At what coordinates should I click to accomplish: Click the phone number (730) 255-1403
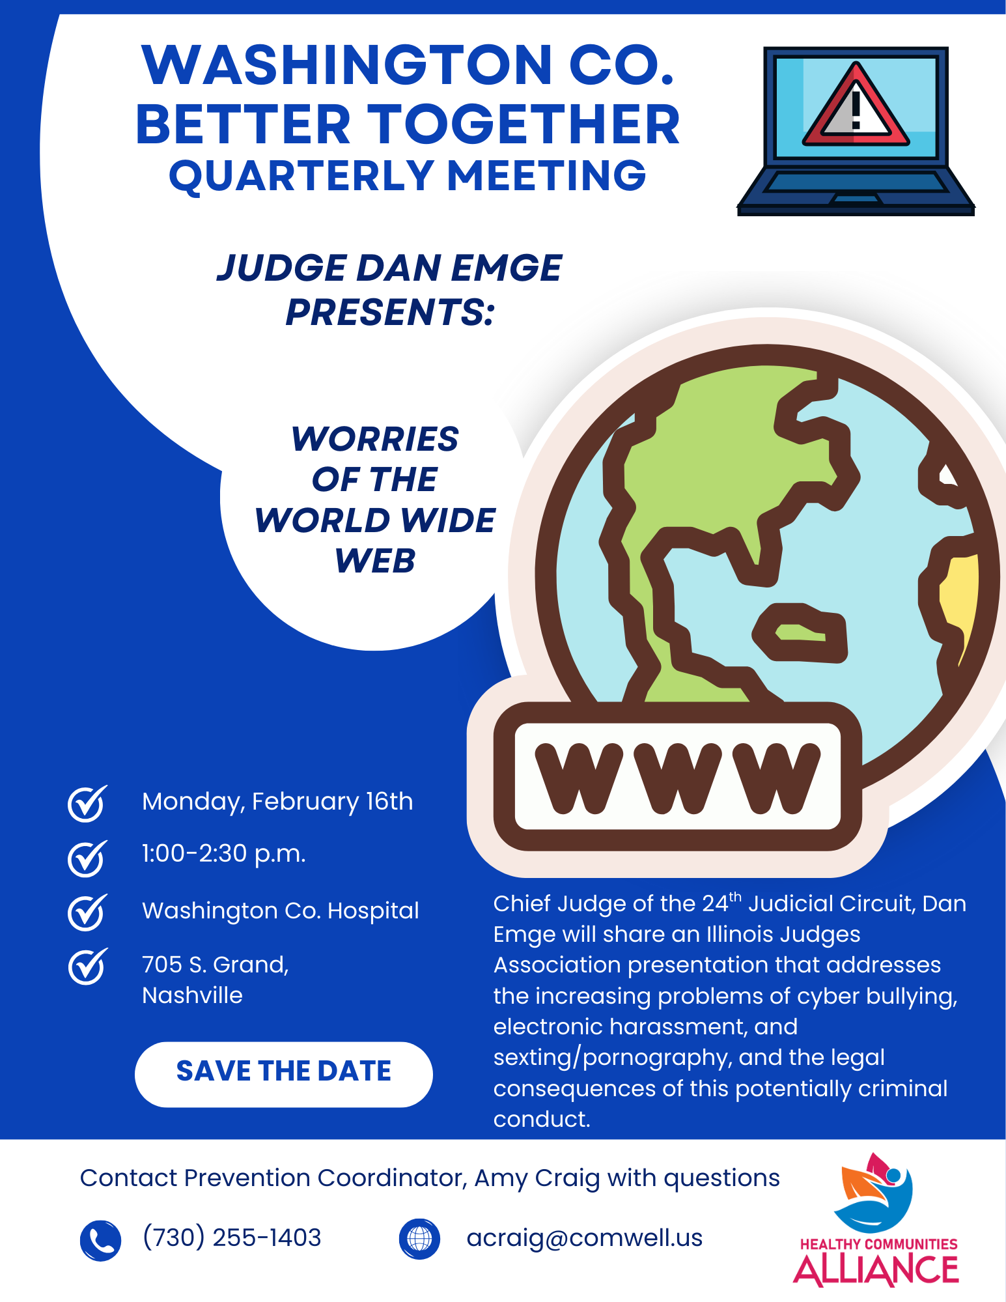coord(232,1238)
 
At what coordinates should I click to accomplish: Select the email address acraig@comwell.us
coord(584,1238)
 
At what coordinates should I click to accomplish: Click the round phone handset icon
coord(100,1239)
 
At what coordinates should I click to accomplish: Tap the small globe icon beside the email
coord(419,1238)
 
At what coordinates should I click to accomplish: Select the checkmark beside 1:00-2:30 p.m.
coord(87,858)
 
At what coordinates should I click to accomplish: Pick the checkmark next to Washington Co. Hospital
coord(87,912)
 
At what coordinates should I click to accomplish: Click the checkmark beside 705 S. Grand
coord(87,966)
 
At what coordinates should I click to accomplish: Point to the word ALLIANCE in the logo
coord(876,1271)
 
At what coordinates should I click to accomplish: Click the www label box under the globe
coord(677,776)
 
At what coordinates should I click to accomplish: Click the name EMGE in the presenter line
coord(506,268)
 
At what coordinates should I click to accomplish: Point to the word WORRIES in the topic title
coord(374,439)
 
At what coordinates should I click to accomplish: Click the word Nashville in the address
coord(192,995)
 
